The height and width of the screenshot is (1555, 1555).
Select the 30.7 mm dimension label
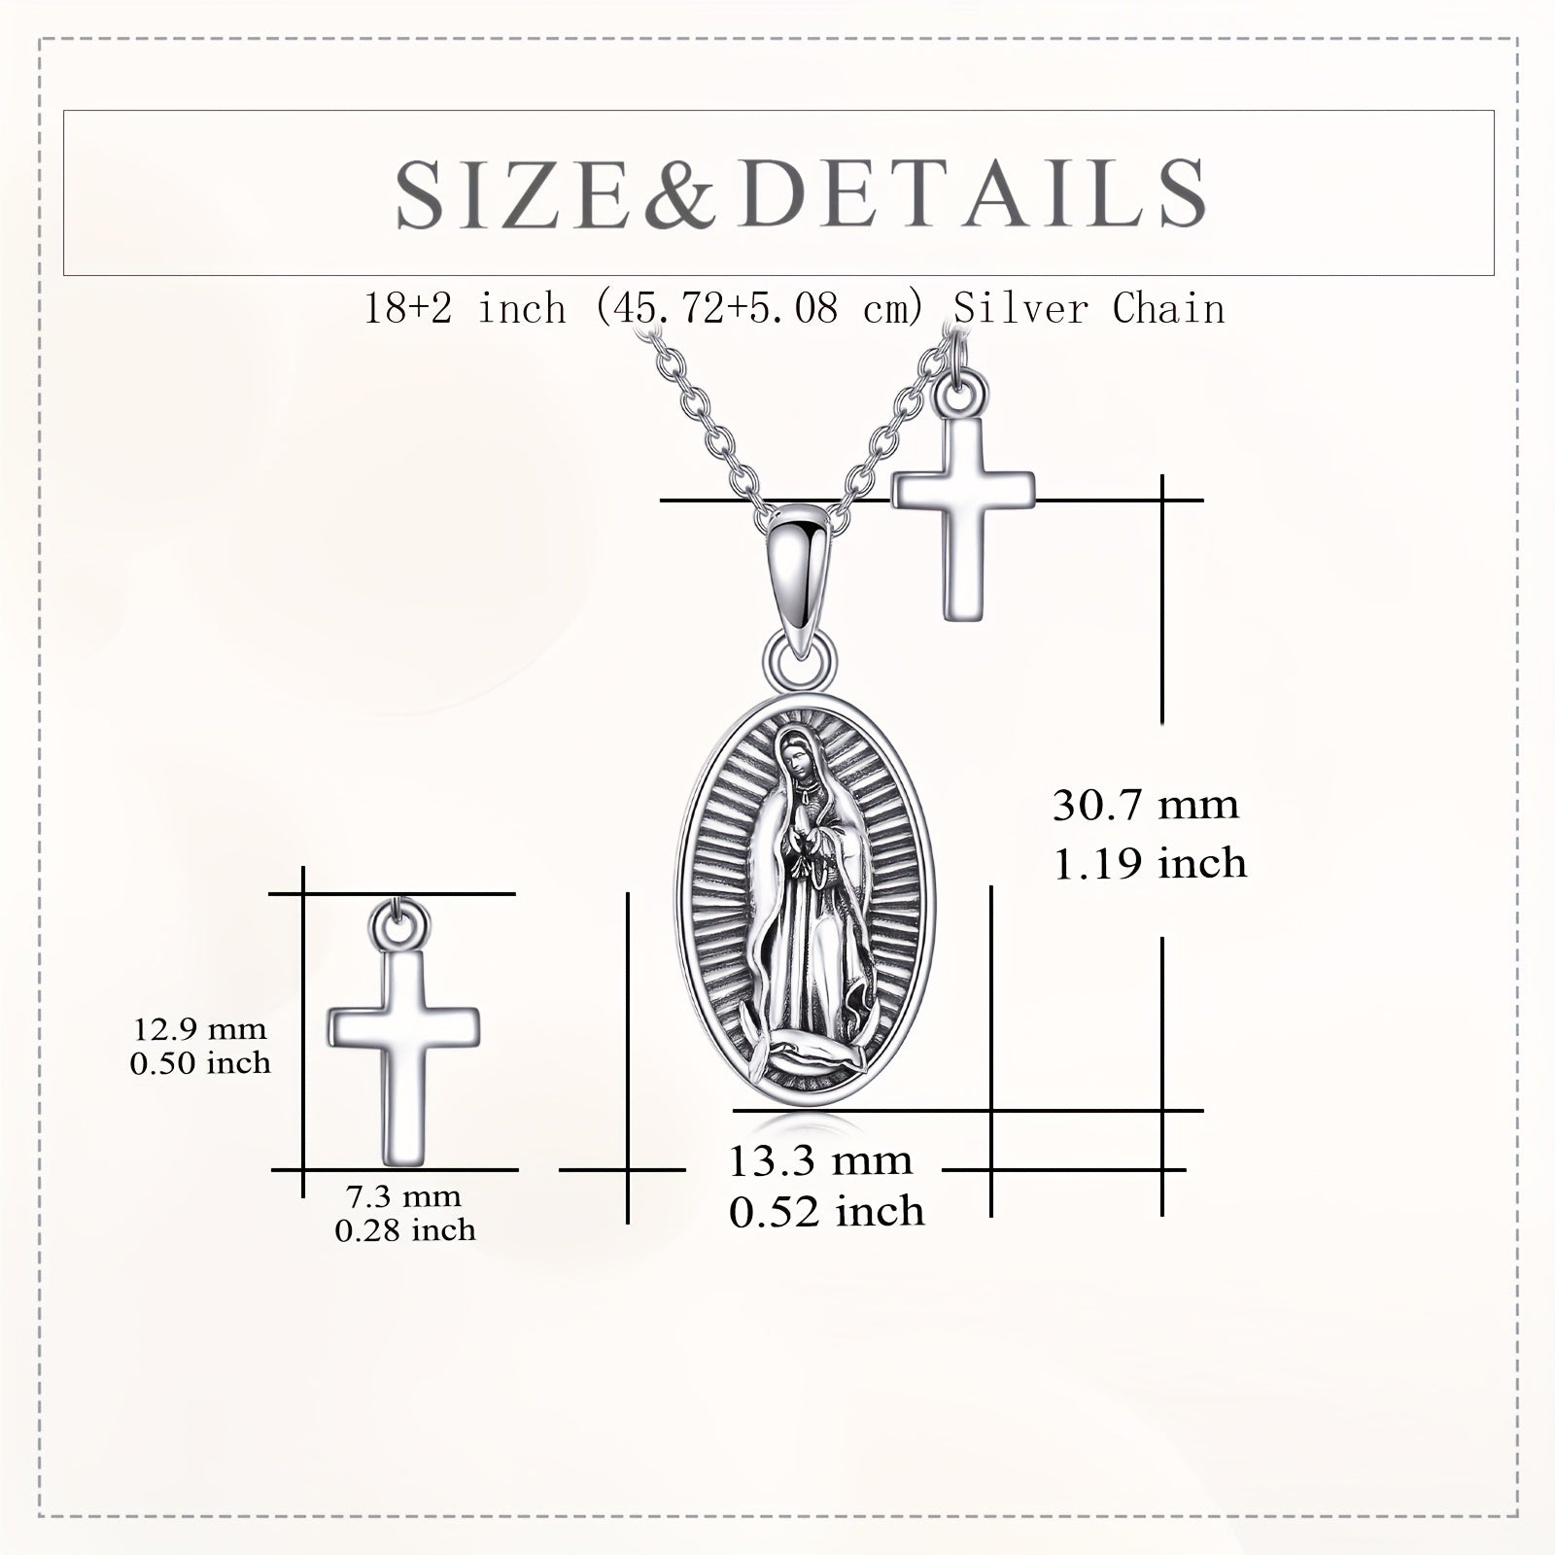pyautogui.click(x=1146, y=806)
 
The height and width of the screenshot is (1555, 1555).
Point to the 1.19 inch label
pyautogui.click(x=1150, y=863)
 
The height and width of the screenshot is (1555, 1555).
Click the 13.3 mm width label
pyautogui.click(x=820, y=1160)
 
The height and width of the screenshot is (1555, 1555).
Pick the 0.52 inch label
pyautogui.click(x=827, y=1212)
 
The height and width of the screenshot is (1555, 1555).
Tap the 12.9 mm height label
pyautogui.click(x=200, y=1028)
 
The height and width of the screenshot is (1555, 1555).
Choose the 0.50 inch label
pyautogui.click(x=200, y=1062)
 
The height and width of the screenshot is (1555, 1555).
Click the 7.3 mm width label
pyautogui.click(x=404, y=1196)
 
